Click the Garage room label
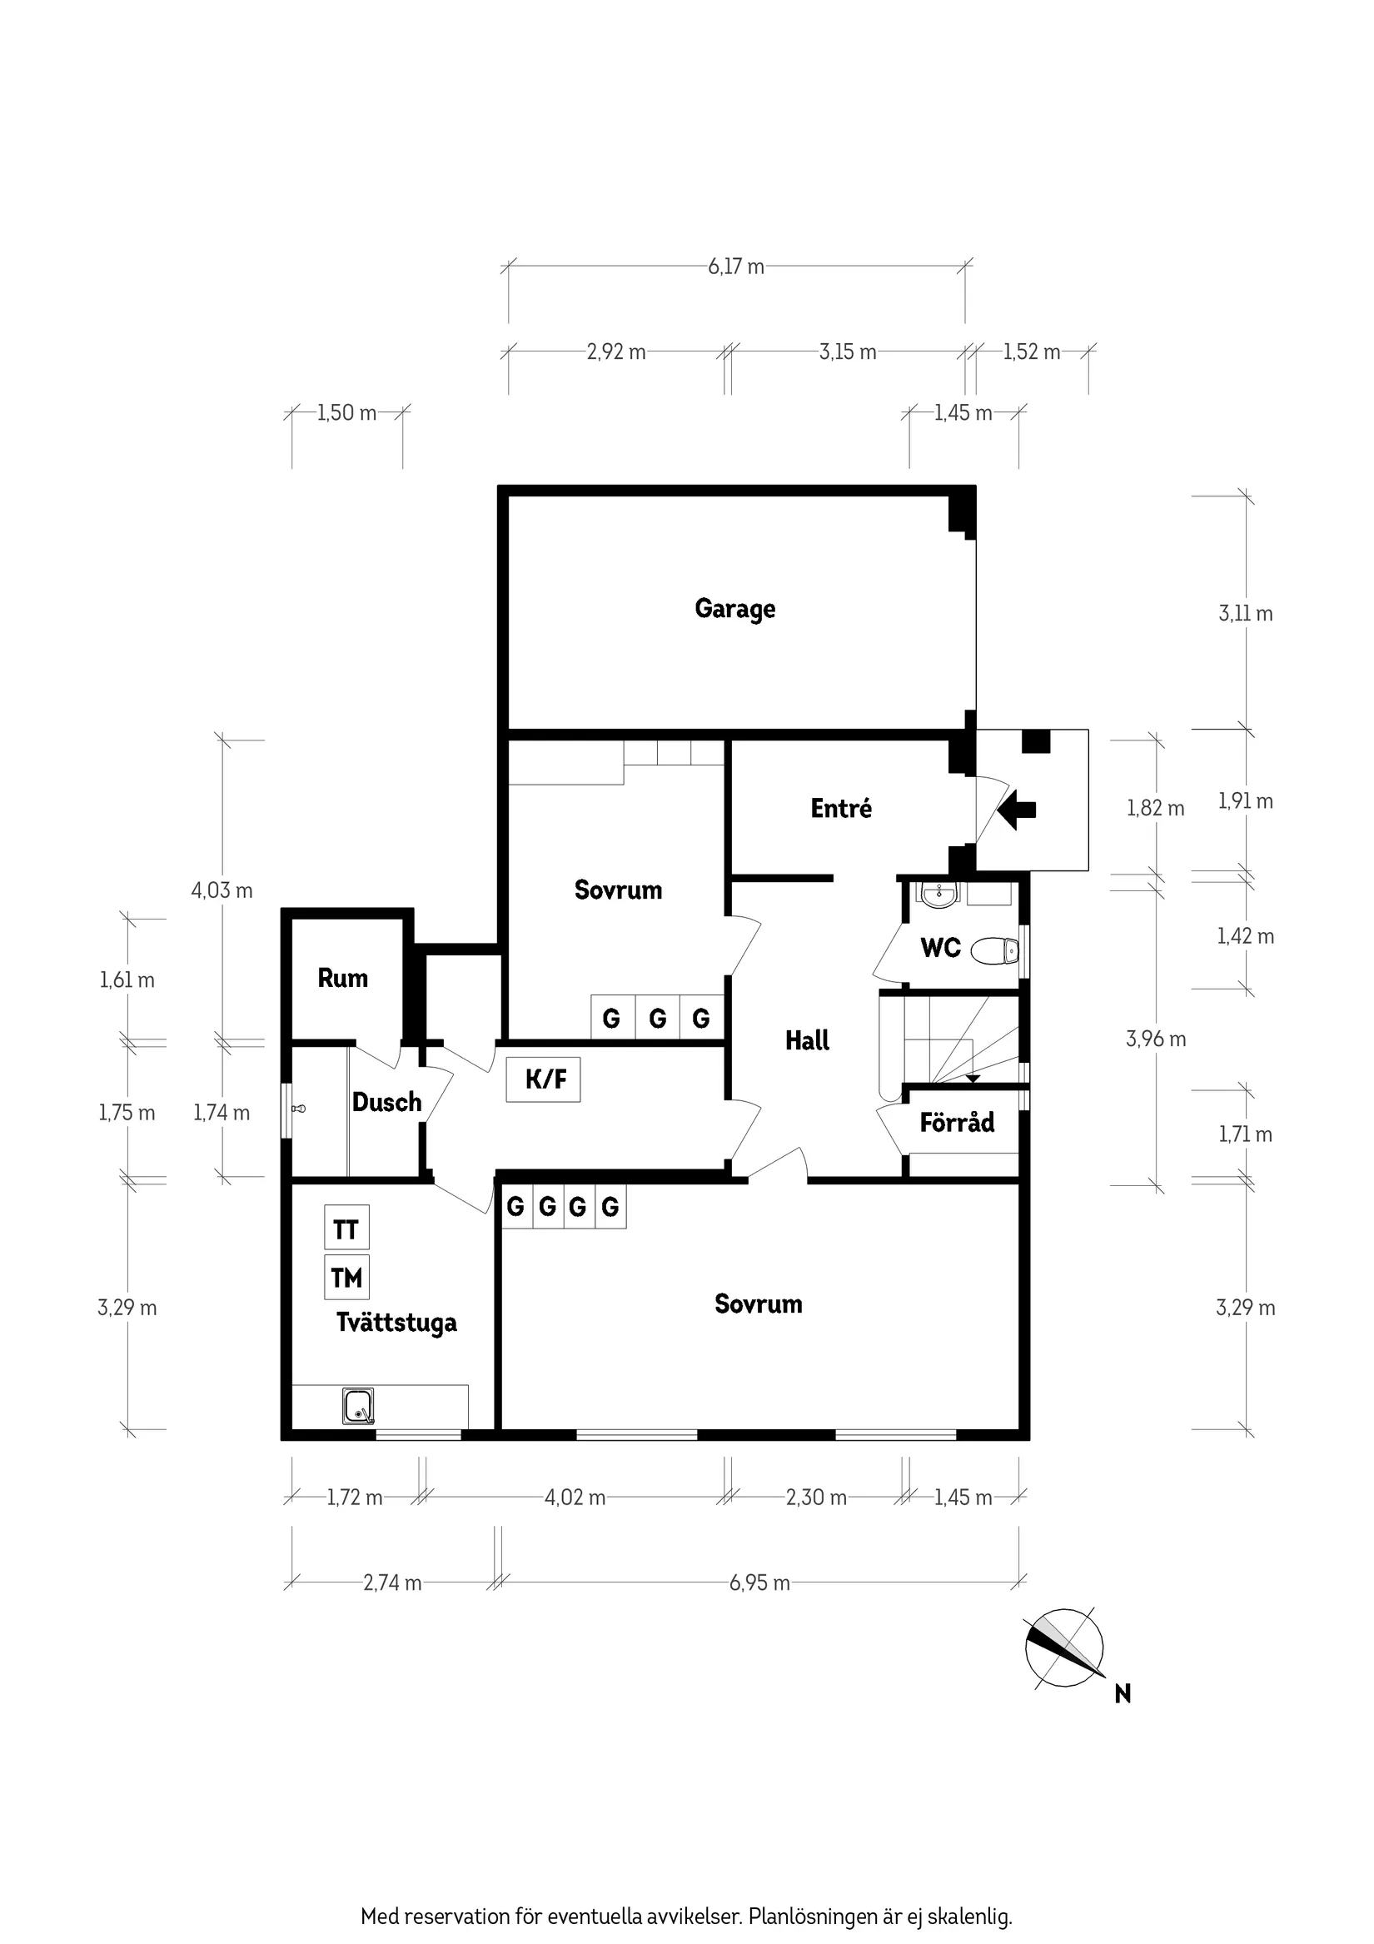(x=734, y=609)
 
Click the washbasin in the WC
(x=937, y=894)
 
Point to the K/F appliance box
(x=544, y=1079)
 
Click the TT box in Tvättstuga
(x=346, y=1229)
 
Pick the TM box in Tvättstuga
(x=346, y=1277)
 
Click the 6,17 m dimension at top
(x=735, y=267)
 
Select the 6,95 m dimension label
(x=759, y=1583)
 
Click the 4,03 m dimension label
(x=222, y=890)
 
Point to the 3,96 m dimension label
(x=1156, y=1039)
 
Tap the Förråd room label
(x=957, y=1123)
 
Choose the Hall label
(x=807, y=1040)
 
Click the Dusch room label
(x=387, y=1103)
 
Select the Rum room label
(x=343, y=978)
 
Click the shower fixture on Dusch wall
(x=297, y=1109)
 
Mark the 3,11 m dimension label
(x=1245, y=613)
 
